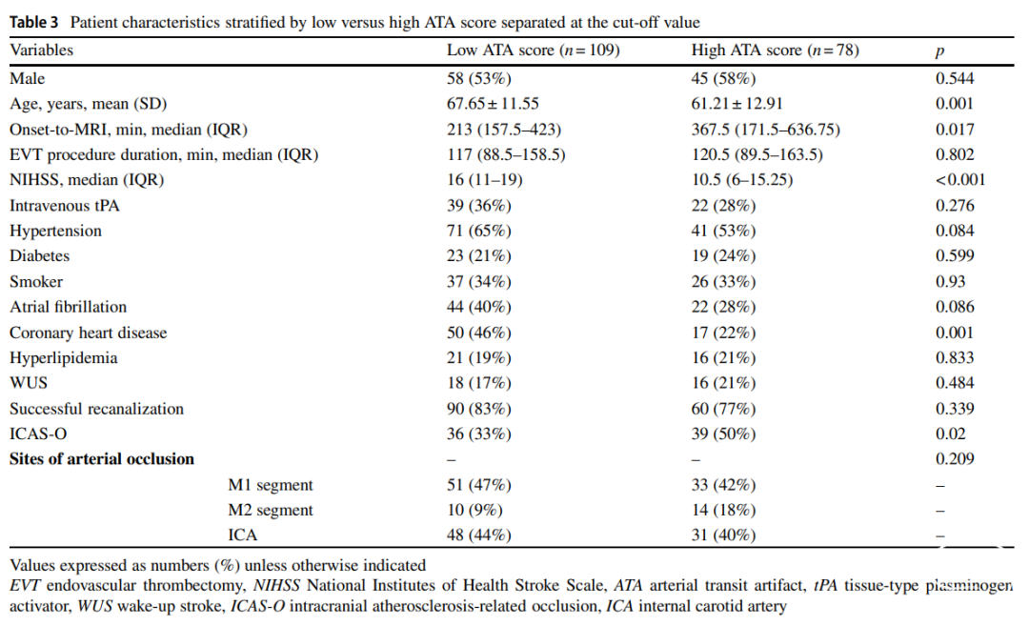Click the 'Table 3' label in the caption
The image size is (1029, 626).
[x=37, y=21]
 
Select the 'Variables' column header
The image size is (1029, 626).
[x=41, y=50]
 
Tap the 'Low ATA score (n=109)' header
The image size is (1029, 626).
[x=533, y=50]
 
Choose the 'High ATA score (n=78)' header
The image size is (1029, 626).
[x=775, y=50]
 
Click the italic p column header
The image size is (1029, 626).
[x=939, y=52]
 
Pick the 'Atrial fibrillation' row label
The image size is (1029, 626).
[x=68, y=307]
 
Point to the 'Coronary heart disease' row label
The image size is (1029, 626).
[x=88, y=333]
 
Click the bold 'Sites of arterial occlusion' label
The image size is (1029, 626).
[x=102, y=458]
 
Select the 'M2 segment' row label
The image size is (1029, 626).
[x=271, y=510]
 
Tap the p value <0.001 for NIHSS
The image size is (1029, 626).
[x=959, y=179]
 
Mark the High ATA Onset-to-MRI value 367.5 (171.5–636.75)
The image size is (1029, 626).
[x=765, y=129]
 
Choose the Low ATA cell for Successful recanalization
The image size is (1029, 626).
[x=479, y=409]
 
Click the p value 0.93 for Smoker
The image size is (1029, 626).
[x=950, y=281]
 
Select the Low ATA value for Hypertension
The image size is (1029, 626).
[x=479, y=231]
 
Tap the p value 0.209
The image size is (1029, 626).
[x=955, y=458]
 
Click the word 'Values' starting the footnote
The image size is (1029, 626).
[x=32, y=565]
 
